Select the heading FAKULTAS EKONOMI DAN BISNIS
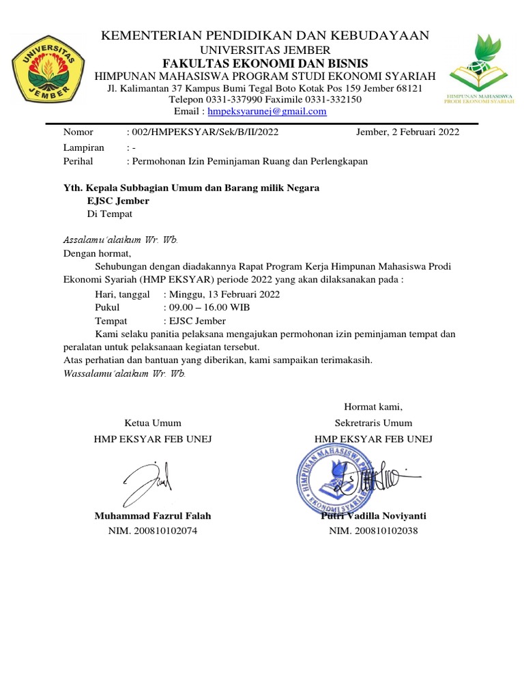tap(265, 63)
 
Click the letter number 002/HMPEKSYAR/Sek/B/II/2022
tap(203, 132)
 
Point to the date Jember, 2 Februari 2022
tap(408, 132)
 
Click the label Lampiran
tap(83, 147)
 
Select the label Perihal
tap(78, 162)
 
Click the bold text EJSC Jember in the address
tap(118, 201)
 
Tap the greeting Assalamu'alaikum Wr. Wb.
tap(121, 240)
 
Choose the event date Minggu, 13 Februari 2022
tap(222, 294)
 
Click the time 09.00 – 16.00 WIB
tap(207, 308)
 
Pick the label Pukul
tap(107, 308)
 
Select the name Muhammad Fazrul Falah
tap(153, 516)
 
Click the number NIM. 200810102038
tap(373, 530)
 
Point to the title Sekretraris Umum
tap(373, 423)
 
